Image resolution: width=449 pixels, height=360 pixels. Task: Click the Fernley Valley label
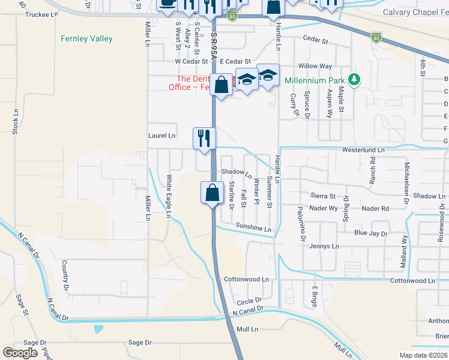[86, 39]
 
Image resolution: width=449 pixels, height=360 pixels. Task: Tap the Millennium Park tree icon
[355, 80]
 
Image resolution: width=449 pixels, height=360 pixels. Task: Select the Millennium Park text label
[315, 80]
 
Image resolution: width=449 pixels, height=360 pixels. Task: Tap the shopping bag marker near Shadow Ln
[211, 193]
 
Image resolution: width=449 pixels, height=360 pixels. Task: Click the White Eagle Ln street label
[169, 196]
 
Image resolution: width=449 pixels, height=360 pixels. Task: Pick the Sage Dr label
[140, 343]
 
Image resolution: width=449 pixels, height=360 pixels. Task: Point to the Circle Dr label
[250, 300]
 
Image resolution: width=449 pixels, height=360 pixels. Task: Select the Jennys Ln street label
[324, 246]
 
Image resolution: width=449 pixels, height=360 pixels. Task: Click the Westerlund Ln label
[363, 149]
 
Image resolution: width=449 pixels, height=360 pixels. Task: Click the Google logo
[20, 353]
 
